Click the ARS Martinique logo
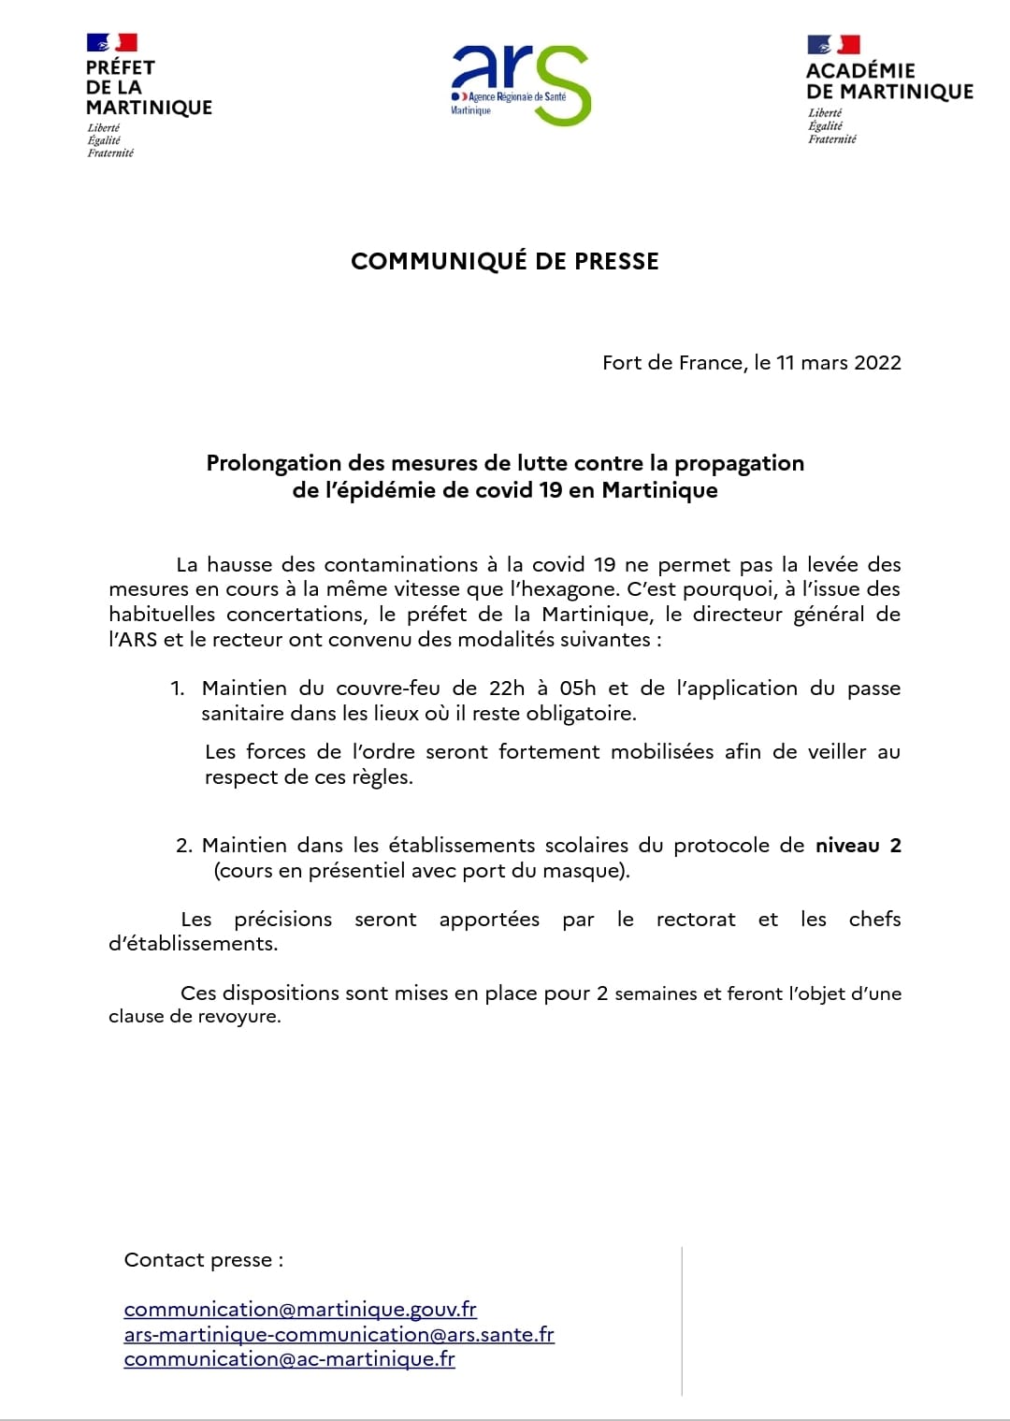click(520, 85)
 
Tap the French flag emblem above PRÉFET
click(112, 42)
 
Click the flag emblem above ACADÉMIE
click(833, 44)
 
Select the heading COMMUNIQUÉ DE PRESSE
click(505, 261)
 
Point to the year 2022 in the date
click(877, 363)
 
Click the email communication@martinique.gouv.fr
click(300, 1309)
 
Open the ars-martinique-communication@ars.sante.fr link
click(339, 1334)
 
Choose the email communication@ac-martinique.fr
click(289, 1358)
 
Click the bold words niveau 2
click(858, 846)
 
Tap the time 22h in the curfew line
click(507, 689)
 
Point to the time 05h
click(578, 689)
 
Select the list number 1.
click(178, 689)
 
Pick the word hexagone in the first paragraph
click(576, 589)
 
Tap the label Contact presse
click(203, 1260)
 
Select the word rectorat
click(696, 920)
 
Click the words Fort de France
click(673, 363)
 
